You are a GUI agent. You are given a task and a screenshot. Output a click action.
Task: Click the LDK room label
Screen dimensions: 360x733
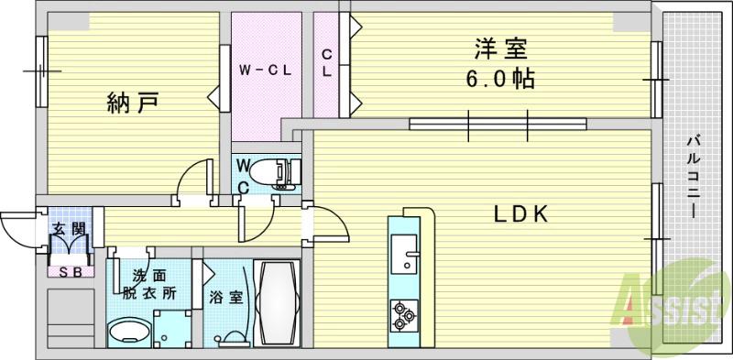[x=521, y=214]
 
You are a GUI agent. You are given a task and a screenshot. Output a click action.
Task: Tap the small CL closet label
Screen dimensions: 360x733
[x=326, y=63]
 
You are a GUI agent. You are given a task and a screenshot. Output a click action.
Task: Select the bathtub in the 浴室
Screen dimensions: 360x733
[x=277, y=302]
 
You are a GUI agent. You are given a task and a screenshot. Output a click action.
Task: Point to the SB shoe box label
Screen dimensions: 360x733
[x=68, y=271]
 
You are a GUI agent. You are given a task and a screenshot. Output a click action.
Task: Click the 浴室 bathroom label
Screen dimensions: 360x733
[x=224, y=298]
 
